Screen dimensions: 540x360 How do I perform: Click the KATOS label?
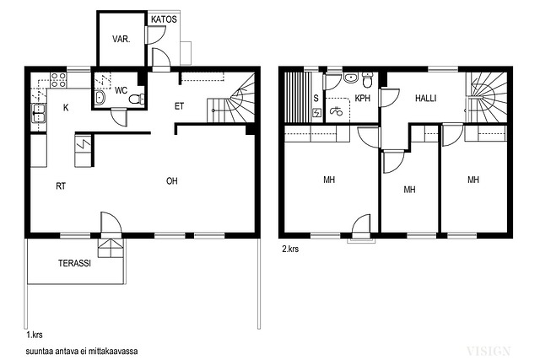coord(164,19)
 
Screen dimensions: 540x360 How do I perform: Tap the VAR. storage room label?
coord(121,40)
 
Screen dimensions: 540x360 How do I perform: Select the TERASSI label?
coord(75,263)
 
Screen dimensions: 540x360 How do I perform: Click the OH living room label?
coord(172,181)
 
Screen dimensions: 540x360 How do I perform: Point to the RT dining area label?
coord(61,186)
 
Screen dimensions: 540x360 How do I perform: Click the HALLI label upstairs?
coord(425,99)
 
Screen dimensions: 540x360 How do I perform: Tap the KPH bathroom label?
coord(362,99)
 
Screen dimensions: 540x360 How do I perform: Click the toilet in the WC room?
coord(137,99)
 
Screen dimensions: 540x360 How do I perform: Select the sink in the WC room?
coord(100,98)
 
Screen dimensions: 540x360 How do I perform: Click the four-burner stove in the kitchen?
coord(58,80)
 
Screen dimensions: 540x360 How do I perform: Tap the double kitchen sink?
coord(39,113)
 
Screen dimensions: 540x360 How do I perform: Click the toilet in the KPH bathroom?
coord(368,80)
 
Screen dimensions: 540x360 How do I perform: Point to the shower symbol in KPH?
coord(336,110)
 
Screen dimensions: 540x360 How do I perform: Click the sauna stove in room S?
coord(316,112)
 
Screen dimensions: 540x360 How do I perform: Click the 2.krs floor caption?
coord(290,250)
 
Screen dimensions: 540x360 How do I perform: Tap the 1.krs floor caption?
coord(35,335)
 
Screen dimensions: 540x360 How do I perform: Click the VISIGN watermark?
coord(489,351)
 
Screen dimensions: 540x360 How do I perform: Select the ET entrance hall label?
coord(179,106)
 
